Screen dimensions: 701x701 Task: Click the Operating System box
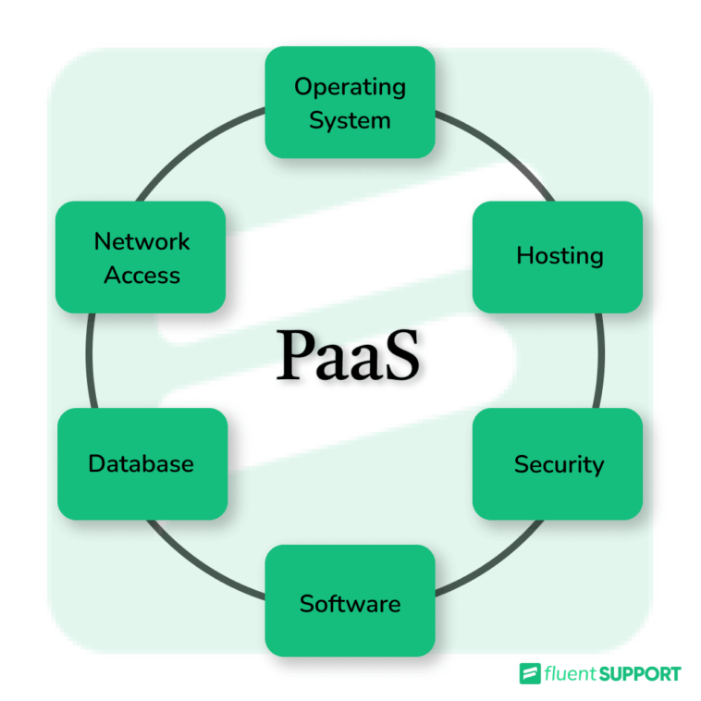[x=350, y=103]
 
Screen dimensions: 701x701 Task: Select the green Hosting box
[x=557, y=256]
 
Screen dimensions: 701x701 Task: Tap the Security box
[x=557, y=463]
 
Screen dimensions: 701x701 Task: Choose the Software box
[x=350, y=602]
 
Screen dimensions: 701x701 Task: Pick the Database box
[x=141, y=463]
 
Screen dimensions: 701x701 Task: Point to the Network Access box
[x=141, y=257]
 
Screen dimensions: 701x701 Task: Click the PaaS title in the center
[x=349, y=356]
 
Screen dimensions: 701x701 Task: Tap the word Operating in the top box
[x=350, y=87]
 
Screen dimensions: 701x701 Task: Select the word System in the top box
[x=350, y=120]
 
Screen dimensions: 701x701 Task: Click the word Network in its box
[x=141, y=241]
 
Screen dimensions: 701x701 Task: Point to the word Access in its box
[x=141, y=275]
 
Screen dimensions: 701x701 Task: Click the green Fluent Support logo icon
[x=530, y=673]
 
